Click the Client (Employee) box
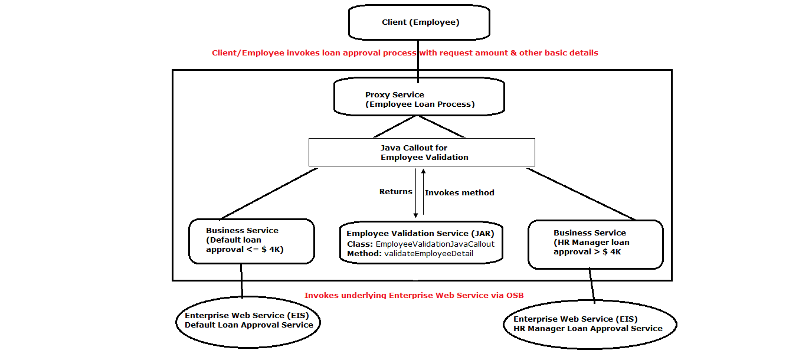pos(420,23)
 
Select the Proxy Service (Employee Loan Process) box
pos(420,99)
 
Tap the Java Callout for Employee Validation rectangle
pos(422,152)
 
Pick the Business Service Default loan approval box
pos(251,241)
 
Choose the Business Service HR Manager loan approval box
pos(595,244)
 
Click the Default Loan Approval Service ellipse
pos(248,320)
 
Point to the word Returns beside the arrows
pos(395,192)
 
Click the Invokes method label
pos(459,192)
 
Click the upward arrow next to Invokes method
pos(423,192)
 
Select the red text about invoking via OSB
pos(414,295)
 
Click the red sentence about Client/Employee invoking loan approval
pos(405,53)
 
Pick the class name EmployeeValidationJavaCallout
pos(434,244)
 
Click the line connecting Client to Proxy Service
pos(419,61)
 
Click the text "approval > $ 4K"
pos(587,252)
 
